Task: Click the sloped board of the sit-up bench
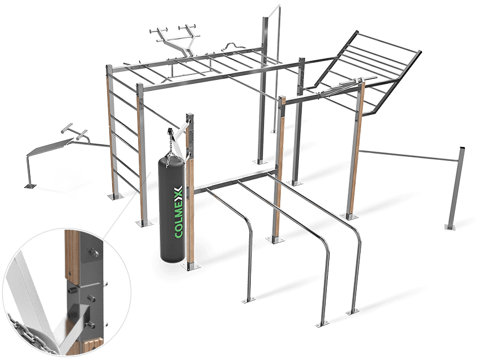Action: coord(53,145)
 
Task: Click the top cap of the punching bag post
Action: coord(191,115)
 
